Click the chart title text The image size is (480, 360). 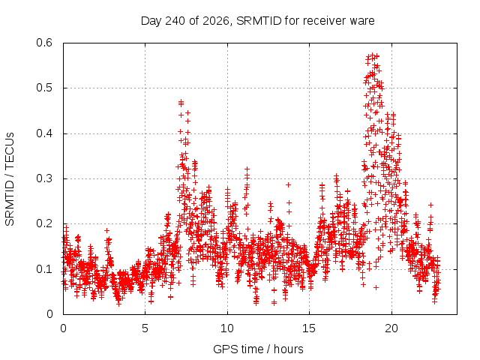(x=257, y=21)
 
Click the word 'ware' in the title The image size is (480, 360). (x=361, y=22)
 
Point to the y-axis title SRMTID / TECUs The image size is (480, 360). (x=10, y=179)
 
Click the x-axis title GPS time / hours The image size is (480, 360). (x=258, y=349)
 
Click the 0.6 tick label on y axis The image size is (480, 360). (x=44, y=43)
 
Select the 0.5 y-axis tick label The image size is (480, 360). (x=44, y=88)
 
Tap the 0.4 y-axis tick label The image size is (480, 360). (x=44, y=133)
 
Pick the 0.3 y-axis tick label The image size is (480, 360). (x=44, y=178)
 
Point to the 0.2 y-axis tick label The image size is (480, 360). (x=44, y=223)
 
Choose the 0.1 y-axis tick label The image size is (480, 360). (x=44, y=269)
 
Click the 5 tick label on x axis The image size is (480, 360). (x=145, y=328)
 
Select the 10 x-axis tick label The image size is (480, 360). (x=227, y=328)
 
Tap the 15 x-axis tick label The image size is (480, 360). (x=309, y=328)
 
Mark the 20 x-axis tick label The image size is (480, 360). (x=391, y=328)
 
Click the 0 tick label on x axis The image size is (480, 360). (x=63, y=328)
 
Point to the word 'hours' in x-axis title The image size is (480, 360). (x=288, y=349)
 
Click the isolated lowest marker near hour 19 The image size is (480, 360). (x=376, y=287)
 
